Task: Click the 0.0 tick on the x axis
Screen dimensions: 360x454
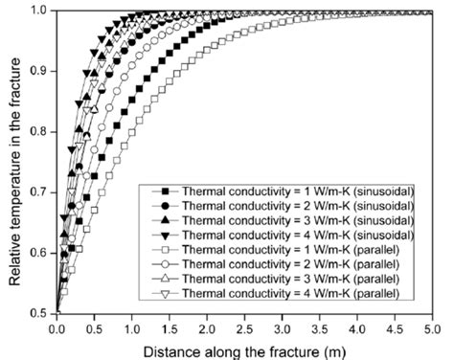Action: click(57, 326)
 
